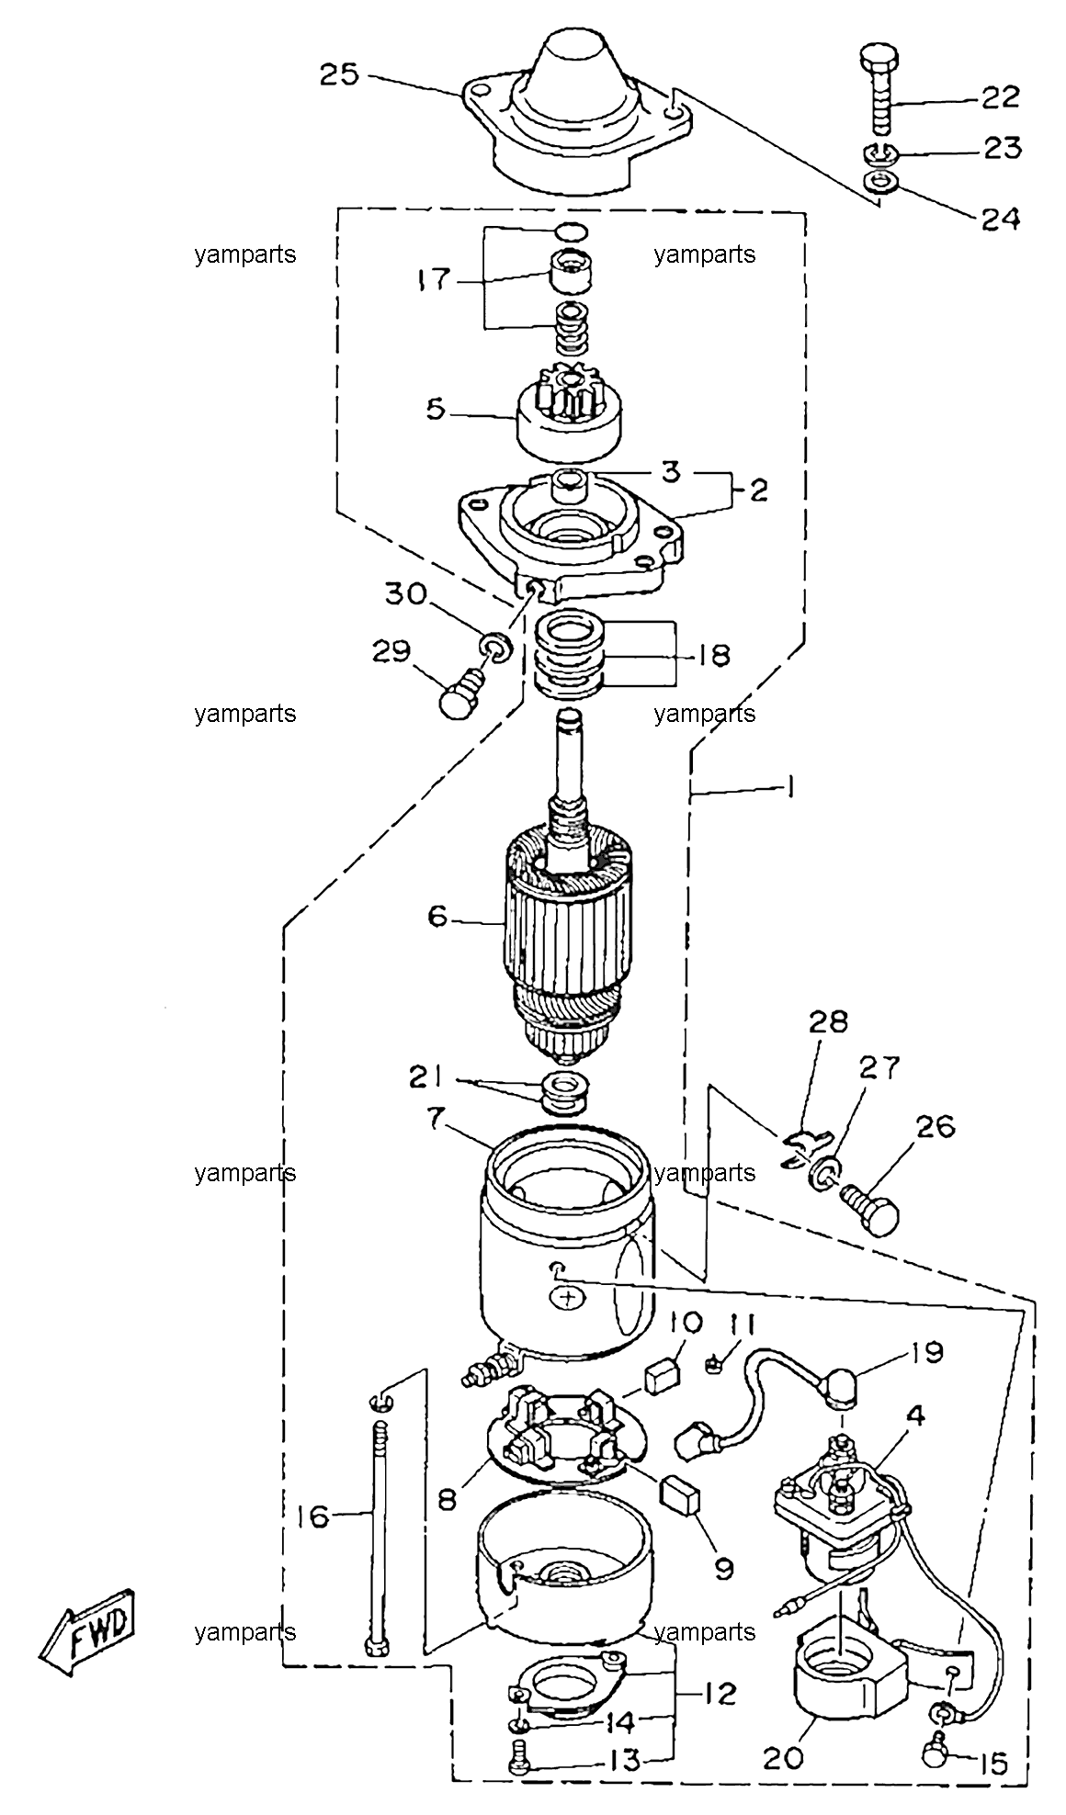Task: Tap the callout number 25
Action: tap(339, 74)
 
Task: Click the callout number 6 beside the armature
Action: tap(437, 916)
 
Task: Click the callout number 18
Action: tap(713, 655)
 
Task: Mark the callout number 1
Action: tap(790, 787)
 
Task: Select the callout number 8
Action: tap(447, 1499)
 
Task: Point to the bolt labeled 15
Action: tap(939, 1730)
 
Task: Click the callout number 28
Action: tap(828, 1022)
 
